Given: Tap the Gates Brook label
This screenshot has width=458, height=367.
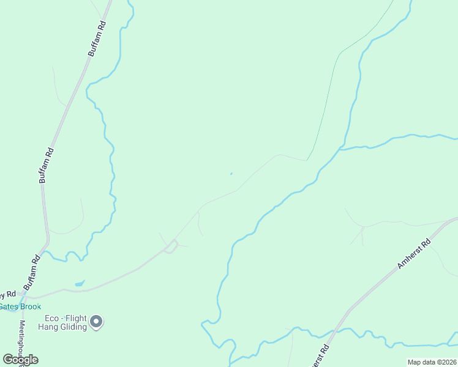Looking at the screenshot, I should (x=20, y=306).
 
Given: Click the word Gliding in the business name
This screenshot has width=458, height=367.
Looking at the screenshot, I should (x=73, y=327).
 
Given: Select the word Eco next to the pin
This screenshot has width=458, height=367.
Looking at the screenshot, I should (x=52, y=318).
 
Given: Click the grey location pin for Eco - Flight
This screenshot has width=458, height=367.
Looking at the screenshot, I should (x=96, y=321).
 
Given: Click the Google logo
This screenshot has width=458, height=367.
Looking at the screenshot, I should (x=21, y=360).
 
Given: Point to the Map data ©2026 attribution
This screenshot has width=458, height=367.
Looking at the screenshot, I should (x=432, y=362).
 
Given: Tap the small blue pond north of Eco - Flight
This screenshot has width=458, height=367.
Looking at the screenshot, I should (x=80, y=283).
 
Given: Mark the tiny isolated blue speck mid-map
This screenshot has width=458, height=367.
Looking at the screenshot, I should (x=231, y=174).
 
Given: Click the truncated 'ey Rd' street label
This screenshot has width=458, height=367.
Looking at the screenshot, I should (x=8, y=294).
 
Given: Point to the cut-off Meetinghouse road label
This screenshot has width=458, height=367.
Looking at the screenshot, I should (x=21, y=339).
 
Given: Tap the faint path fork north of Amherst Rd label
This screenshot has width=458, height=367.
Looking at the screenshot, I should (x=363, y=227).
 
